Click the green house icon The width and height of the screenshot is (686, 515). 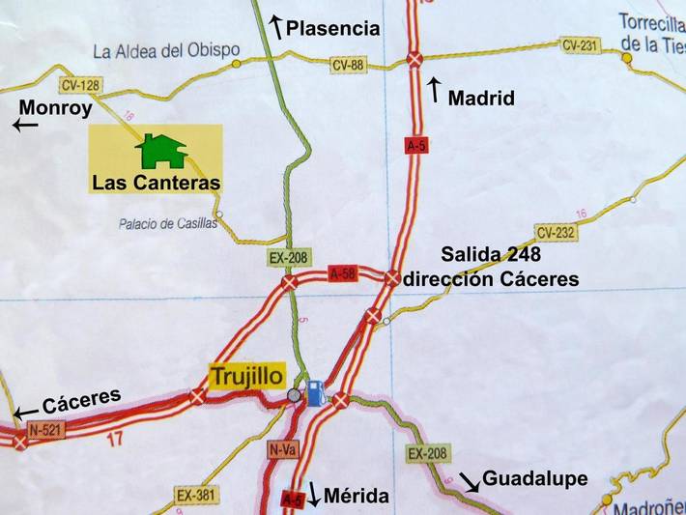pyautogui.click(x=161, y=151)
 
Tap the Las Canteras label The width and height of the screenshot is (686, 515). pyautogui.click(x=156, y=182)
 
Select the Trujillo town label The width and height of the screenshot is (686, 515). pyautogui.click(x=248, y=374)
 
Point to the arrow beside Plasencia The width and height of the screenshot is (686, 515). pyautogui.click(x=275, y=27)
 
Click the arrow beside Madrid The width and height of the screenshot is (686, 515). pyautogui.click(x=434, y=90)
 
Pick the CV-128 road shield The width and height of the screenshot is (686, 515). pyautogui.click(x=79, y=85)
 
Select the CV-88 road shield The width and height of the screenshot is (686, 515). pyautogui.click(x=348, y=66)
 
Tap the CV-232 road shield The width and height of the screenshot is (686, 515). pyautogui.click(x=556, y=232)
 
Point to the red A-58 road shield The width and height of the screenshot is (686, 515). pyautogui.click(x=342, y=273)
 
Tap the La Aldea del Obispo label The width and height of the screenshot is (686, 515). pyautogui.click(x=167, y=50)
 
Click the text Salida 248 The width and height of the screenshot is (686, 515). pyautogui.click(x=491, y=255)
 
